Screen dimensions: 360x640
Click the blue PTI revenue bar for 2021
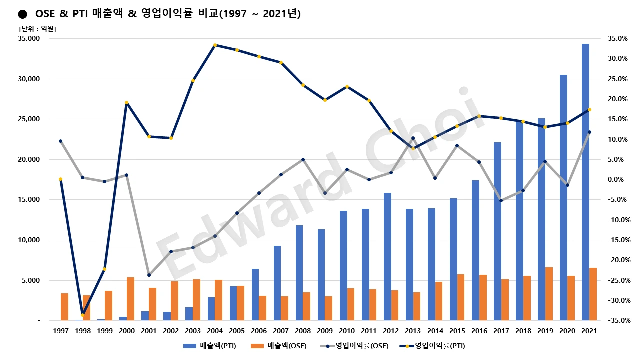[x=585, y=182]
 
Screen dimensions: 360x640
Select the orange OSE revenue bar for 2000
[x=130, y=298]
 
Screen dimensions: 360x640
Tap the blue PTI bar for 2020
[x=563, y=197]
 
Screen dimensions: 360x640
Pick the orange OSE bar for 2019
[x=549, y=294]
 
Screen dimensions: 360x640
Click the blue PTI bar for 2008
[x=299, y=273]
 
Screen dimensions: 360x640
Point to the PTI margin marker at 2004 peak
[x=215, y=45]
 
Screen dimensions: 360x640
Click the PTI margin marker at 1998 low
[x=83, y=315]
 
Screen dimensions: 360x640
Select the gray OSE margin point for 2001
[x=149, y=275]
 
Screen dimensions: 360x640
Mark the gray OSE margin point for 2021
[x=589, y=132]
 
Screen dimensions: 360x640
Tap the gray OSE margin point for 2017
[x=501, y=201]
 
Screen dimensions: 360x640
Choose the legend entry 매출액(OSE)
[x=279, y=345]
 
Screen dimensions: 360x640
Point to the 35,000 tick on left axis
[x=29, y=39]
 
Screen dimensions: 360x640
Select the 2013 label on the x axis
[x=413, y=331]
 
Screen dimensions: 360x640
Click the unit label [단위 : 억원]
[x=37, y=29]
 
